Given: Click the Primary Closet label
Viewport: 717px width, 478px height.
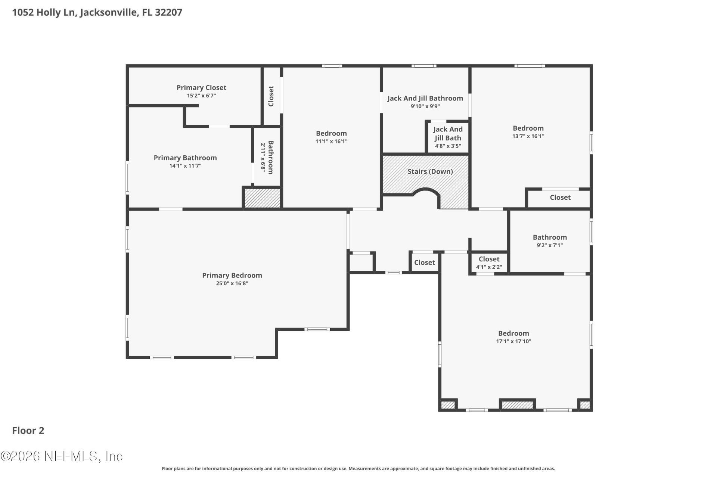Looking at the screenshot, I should (201, 88).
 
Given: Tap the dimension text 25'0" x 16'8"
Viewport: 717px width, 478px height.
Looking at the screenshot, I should (232, 283).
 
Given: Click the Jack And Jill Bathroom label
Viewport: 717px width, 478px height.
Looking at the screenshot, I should (425, 98).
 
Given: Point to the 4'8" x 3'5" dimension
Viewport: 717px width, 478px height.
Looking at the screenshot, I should (448, 146).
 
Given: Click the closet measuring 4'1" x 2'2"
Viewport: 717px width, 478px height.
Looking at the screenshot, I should (489, 263).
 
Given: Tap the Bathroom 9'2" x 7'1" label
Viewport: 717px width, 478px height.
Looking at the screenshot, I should (550, 238).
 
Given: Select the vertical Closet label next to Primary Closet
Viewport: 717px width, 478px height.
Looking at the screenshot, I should (271, 96).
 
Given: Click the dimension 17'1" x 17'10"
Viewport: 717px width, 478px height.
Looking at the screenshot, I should (513, 341).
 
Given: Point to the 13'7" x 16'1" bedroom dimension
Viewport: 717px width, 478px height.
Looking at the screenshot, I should (528, 136).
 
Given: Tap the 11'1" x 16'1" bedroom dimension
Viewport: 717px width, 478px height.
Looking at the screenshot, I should (331, 142).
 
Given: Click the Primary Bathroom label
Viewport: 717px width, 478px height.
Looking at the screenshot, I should (185, 158).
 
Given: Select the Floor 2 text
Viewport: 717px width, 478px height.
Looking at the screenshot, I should (28, 431).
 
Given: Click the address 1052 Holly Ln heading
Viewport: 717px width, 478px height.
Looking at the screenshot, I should (97, 12).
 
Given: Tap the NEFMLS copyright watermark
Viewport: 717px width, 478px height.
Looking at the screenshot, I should (62, 456).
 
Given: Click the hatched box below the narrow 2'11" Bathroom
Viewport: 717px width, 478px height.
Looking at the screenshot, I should (262, 198).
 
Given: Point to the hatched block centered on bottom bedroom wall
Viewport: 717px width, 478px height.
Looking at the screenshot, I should (517, 405).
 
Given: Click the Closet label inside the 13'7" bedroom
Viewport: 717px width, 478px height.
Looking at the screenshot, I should (560, 198).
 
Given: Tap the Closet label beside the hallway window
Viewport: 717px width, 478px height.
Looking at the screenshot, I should (425, 263).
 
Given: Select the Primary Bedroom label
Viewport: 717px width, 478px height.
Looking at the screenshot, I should (232, 275).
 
